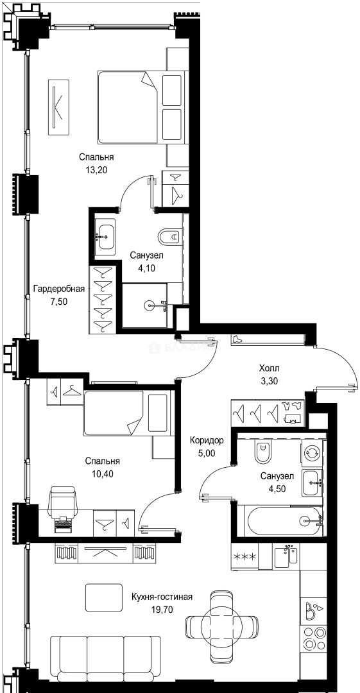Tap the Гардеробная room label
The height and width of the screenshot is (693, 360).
[58, 289]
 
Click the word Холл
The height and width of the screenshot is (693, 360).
[269, 369]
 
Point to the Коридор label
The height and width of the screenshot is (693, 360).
[207, 441]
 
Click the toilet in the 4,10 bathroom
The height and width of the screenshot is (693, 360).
[170, 238]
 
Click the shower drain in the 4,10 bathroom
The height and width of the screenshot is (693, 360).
[149, 305]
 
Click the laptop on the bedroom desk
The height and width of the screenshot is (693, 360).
[63, 524]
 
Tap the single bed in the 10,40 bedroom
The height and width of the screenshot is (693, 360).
[128, 413]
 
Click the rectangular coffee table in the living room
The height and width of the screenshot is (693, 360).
[103, 597]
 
